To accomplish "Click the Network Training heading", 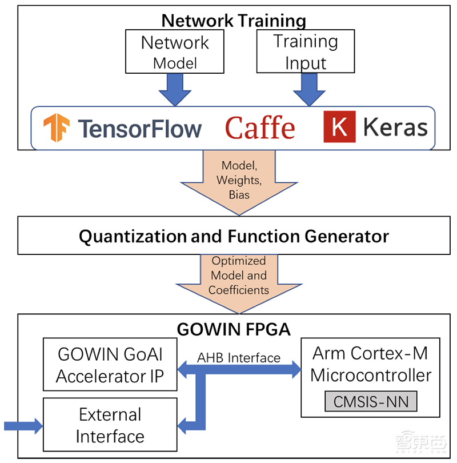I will [x=234, y=21].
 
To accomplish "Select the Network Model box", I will [x=175, y=52].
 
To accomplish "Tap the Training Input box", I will [x=305, y=52].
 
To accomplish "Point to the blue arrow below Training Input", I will [x=309, y=89].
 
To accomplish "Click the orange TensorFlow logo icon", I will [x=57, y=127].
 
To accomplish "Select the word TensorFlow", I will [x=139, y=128].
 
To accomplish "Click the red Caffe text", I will [x=260, y=127].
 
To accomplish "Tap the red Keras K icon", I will [x=339, y=127].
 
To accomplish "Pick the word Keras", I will [x=395, y=127].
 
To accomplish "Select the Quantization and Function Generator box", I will [x=234, y=236].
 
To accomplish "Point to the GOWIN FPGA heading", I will [x=234, y=329].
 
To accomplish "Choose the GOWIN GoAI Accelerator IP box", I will [x=110, y=365].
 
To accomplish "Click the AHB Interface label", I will [x=239, y=358].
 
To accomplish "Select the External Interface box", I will [x=110, y=425].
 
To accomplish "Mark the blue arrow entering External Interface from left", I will [x=23, y=425].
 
